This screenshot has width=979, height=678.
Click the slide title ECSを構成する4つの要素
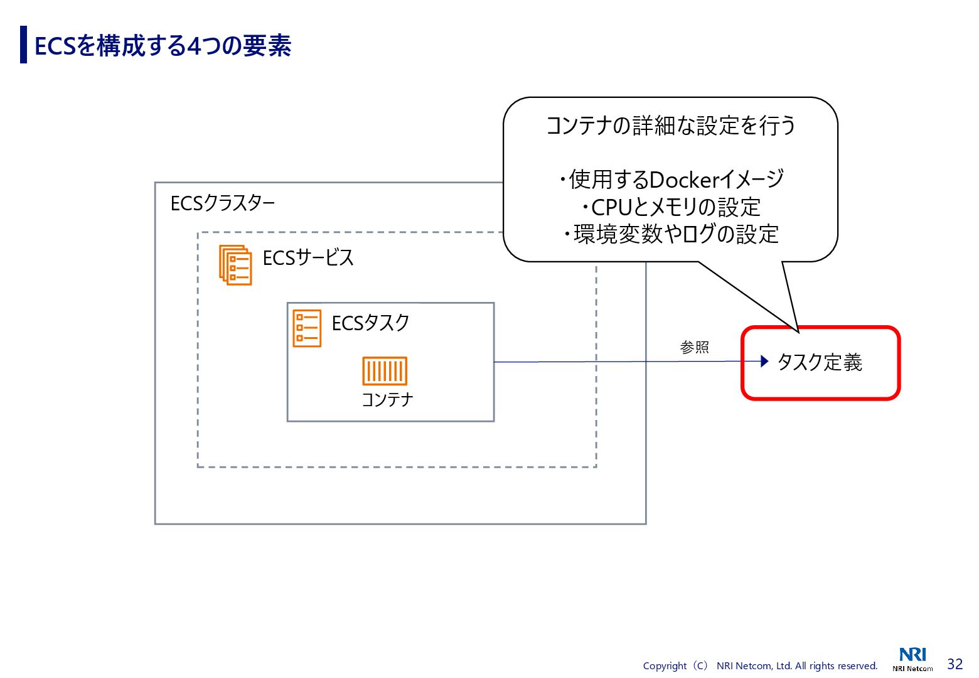163,46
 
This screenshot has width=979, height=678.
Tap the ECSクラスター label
223,203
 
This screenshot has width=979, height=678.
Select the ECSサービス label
308,258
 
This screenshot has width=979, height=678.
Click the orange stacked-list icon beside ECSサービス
235,265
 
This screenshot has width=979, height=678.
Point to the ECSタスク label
370,323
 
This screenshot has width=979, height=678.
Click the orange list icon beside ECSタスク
307,328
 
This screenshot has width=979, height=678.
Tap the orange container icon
385,371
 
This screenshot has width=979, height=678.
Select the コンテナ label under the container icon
387,399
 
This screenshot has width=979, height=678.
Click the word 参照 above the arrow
694,347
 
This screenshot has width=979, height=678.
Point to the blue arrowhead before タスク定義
764,361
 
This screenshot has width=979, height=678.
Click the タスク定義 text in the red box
820,362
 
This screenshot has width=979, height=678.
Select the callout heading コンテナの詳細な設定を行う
670,126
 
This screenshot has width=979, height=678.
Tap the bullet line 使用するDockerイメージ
671,180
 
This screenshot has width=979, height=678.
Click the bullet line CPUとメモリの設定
671,207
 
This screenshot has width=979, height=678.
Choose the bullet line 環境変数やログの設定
671,235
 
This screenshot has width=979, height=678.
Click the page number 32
955,664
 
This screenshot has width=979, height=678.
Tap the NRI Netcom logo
912,659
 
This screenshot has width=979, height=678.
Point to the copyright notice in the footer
760,666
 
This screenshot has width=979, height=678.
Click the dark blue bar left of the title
24,45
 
